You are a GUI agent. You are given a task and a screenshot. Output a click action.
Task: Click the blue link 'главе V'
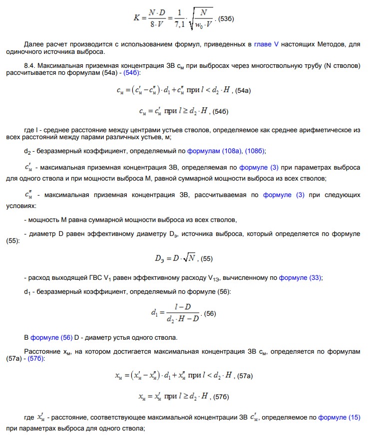[266, 44]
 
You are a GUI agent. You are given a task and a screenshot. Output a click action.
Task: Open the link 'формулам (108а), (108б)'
[234, 151]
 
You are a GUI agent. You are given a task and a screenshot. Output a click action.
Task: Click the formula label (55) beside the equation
[206, 258]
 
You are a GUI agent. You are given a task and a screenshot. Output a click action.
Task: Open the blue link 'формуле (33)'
[301, 278]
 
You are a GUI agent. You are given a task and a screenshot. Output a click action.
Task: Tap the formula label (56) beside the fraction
[210, 314]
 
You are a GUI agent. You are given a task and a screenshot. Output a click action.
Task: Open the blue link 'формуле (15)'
[339, 417]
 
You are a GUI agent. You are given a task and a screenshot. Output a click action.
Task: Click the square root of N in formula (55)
[188, 258]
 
